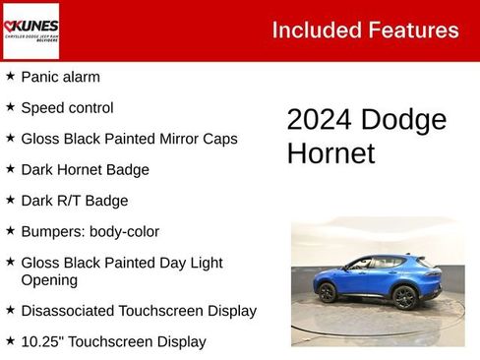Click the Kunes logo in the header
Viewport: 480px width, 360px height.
(31, 30)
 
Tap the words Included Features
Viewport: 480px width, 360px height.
(365, 30)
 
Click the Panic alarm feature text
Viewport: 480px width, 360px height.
(60, 77)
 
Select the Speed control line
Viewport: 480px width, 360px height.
(67, 108)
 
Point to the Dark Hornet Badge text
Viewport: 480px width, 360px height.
(85, 170)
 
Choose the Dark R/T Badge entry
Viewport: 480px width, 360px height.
(74, 201)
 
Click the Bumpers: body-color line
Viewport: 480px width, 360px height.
(90, 232)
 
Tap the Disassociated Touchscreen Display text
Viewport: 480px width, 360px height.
(139, 311)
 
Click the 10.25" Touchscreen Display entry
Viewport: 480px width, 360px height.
(113, 342)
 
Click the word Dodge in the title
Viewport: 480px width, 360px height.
(403, 120)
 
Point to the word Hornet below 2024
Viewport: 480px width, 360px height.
(330, 153)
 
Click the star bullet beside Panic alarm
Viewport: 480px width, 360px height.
(10, 76)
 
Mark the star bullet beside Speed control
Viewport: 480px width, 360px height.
(10, 107)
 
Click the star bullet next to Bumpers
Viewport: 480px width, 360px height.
(10, 231)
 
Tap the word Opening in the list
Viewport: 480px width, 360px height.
(49, 280)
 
